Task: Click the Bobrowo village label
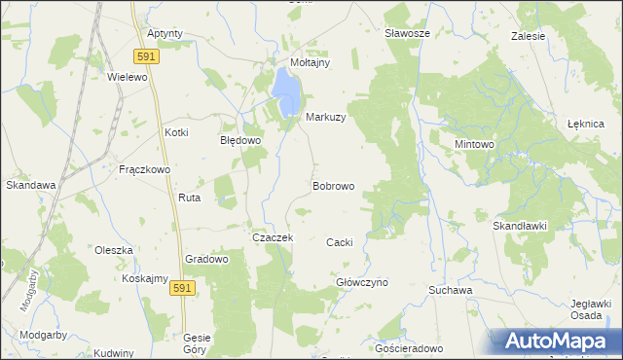[333, 186]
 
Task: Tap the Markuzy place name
[326, 117]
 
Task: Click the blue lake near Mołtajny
[287, 90]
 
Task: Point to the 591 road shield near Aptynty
[147, 55]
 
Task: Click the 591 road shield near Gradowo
[181, 289]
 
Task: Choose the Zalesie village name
[529, 36]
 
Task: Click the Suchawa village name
[451, 290]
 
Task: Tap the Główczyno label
[362, 282]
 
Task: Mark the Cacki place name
[339, 242]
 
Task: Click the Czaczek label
[273, 237]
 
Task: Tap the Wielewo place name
[127, 76]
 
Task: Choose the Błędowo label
[240, 140]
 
